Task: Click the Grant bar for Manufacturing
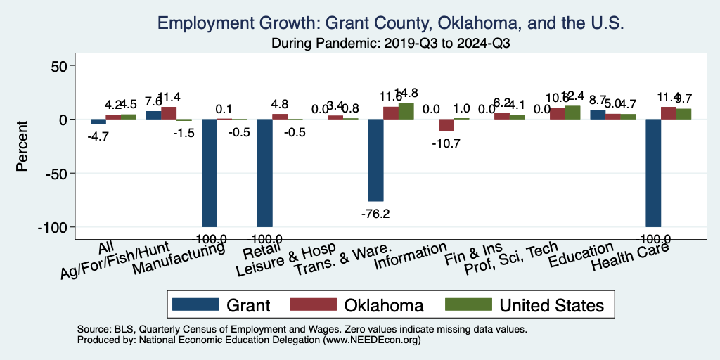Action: coord(210,172)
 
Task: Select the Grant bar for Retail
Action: coord(264,172)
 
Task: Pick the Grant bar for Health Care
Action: coord(653,172)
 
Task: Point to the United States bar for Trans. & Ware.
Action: coord(406,111)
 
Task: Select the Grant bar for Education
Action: coord(598,115)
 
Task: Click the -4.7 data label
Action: coord(98,136)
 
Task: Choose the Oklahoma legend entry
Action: coord(368,304)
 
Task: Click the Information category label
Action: coord(410,257)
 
